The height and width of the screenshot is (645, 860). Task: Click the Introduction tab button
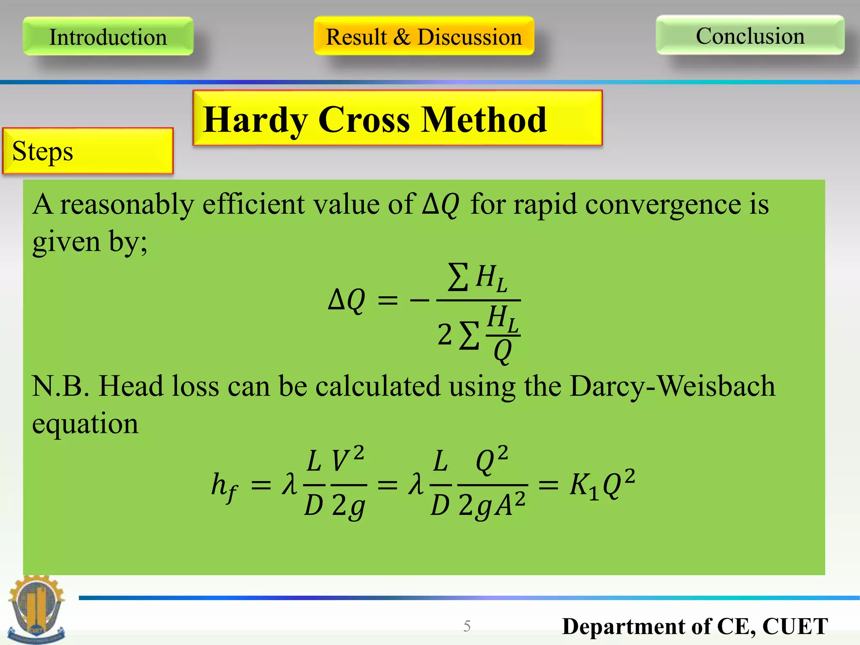click(x=108, y=37)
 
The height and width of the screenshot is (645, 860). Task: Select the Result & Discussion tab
click(x=424, y=37)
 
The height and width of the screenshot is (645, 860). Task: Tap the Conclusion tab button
click(x=750, y=36)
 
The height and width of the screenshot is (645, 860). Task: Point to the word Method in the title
click(x=484, y=120)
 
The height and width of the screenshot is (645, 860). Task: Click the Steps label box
click(x=88, y=151)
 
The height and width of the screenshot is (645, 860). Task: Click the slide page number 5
click(x=467, y=626)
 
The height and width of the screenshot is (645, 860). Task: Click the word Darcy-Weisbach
click(x=672, y=386)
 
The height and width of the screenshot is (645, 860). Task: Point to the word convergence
click(x=663, y=205)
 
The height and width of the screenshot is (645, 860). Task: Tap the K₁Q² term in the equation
click(x=602, y=485)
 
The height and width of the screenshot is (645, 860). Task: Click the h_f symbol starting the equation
click(x=224, y=487)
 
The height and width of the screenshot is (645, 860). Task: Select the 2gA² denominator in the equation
click(x=492, y=505)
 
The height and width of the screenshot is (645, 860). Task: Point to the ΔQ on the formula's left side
click(x=346, y=300)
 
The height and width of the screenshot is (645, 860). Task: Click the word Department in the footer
click(x=624, y=627)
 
